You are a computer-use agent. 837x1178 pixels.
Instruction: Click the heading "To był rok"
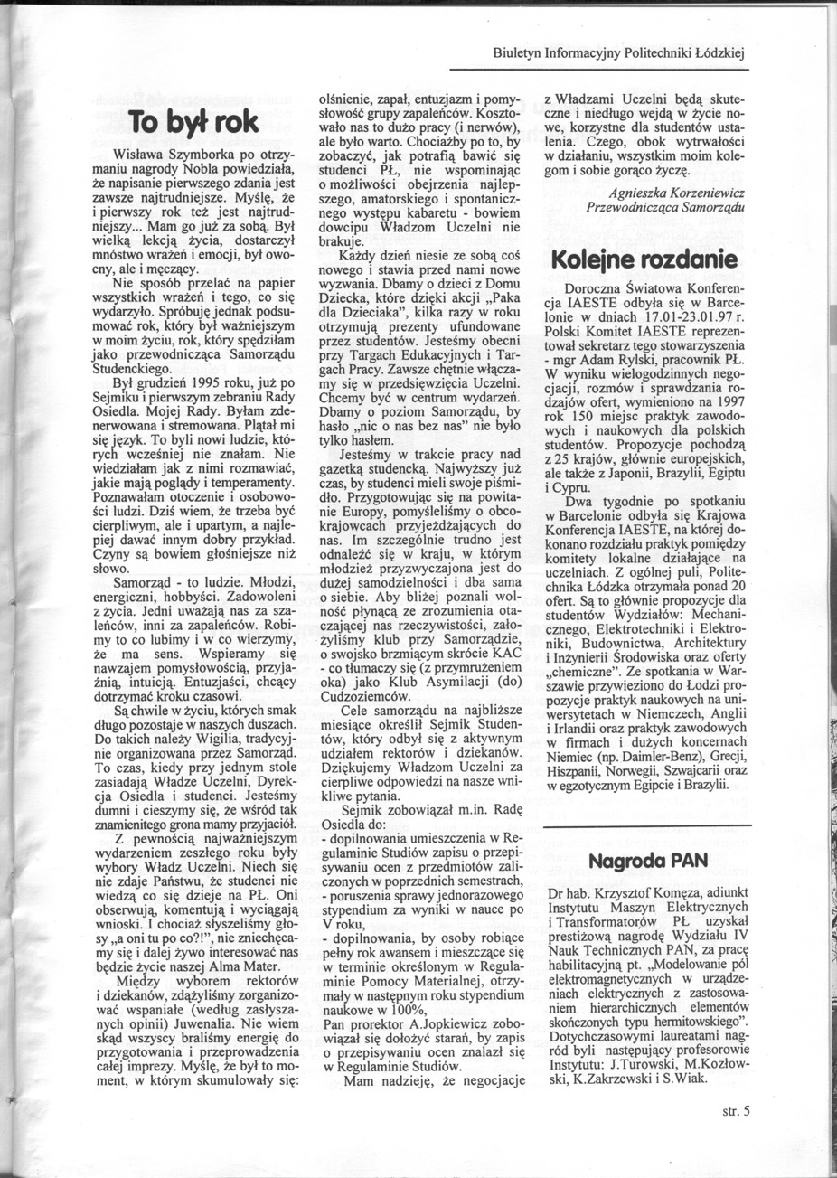[194, 121]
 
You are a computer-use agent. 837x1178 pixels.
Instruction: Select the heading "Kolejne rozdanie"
[644, 260]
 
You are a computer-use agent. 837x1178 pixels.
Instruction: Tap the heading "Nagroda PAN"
[646, 861]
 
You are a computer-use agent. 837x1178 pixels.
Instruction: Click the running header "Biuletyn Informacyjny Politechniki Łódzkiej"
[618, 53]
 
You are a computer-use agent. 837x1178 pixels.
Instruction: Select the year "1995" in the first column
[193, 383]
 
